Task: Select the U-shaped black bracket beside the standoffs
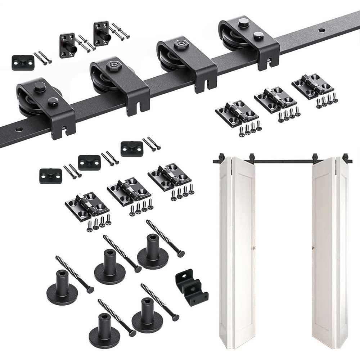pos(191,287)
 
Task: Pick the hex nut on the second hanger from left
pos(110,67)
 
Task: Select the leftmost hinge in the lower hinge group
pos(87,206)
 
